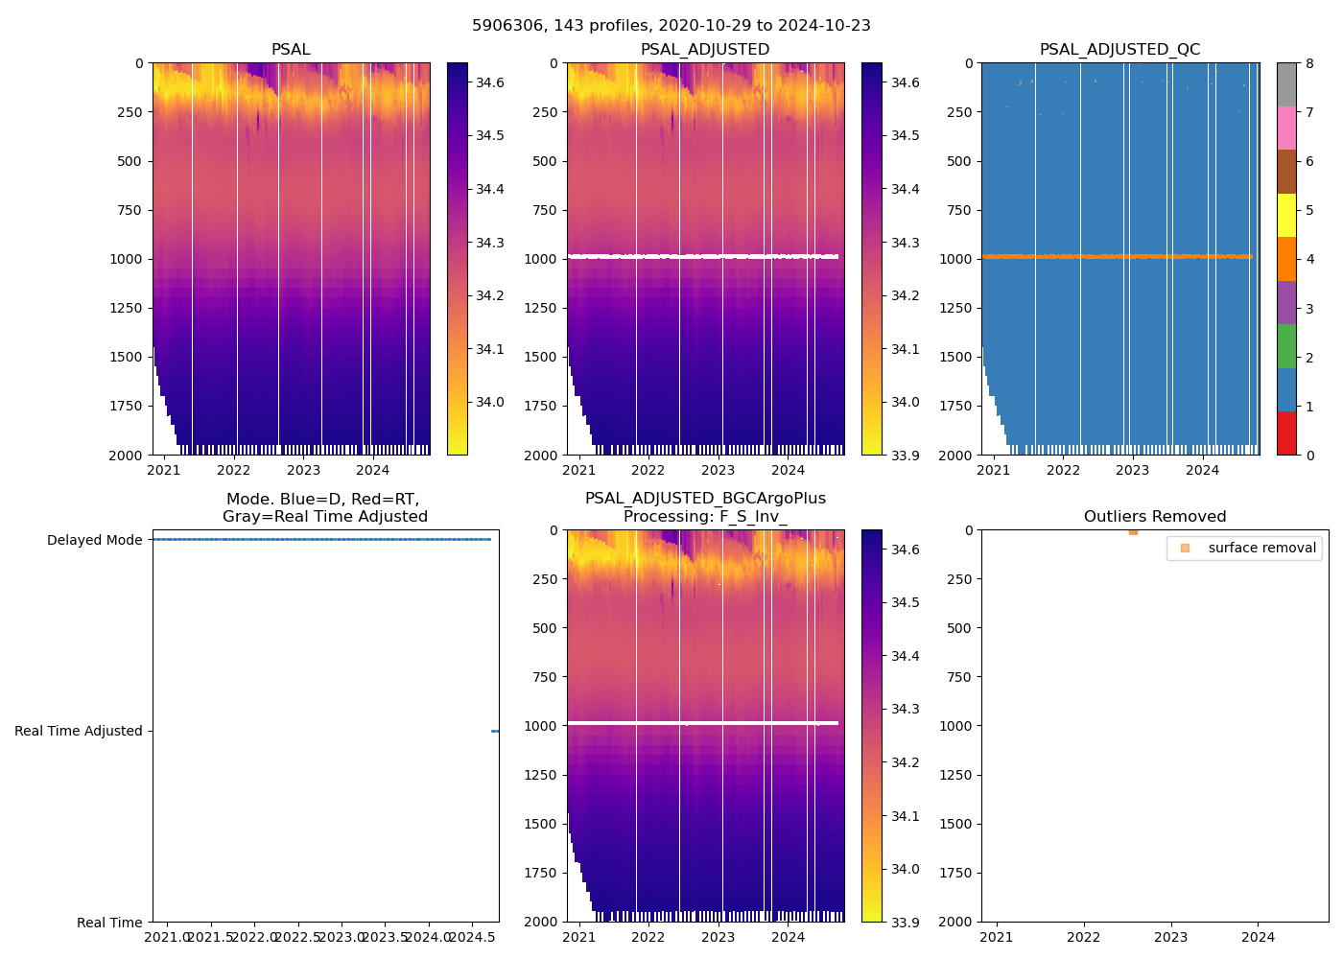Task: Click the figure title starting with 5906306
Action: pos(671,26)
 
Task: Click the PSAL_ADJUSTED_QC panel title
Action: pos(1119,50)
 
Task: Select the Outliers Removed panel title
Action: pos(1154,517)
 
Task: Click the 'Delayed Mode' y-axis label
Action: pos(94,540)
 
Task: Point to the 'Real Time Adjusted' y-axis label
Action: pos(78,731)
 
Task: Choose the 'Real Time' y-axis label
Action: pos(109,923)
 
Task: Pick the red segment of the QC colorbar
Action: pos(1286,433)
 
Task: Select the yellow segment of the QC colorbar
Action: pos(1286,215)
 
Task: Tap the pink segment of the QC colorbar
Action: pos(1286,128)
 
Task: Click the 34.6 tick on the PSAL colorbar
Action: pos(490,82)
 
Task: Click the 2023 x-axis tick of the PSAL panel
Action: pos(303,470)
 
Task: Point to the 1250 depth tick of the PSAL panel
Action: pos(126,308)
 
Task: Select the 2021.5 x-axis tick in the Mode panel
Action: pos(211,936)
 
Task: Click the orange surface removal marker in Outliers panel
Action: pos(1133,531)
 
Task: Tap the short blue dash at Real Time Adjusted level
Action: pos(495,731)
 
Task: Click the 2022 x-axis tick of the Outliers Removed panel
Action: pos(1084,936)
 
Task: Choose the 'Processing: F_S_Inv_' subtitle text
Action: pos(705,517)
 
